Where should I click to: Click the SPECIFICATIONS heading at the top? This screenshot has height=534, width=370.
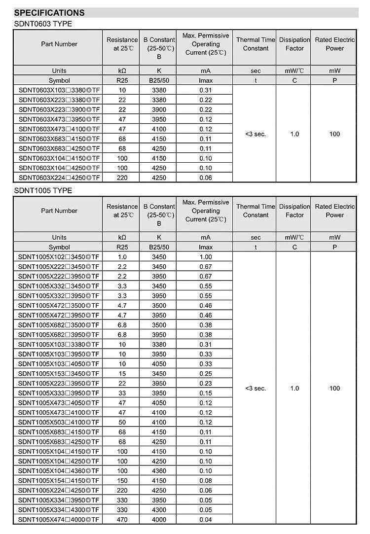click(x=49, y=13)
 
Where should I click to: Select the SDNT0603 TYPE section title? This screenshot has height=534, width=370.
click(x=42, y=24)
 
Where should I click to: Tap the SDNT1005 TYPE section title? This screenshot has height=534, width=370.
click(x=42, y=190)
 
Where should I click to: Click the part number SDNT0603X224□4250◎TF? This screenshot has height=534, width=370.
click(x=59, y=178)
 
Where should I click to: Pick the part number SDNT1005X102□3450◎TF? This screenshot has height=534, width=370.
click(x=59, y=257)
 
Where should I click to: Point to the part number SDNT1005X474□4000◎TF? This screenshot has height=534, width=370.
click(x=59, y=519)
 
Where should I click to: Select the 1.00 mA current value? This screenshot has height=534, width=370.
click(x=206, y=257)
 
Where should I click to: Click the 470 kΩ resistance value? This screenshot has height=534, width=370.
click(x=122, y=519)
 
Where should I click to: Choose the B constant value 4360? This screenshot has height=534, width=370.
click(x=159, y=470)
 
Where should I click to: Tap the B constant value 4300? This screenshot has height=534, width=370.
click(x=159, y=509)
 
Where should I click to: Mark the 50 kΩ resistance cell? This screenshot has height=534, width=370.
click(x=122, y=422)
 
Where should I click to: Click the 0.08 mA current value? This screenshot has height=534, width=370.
click(x=206, y=480)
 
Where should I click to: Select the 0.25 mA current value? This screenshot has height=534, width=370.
click(x=206, y=373)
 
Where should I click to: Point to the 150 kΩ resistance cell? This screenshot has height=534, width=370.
click(x=122, y=480)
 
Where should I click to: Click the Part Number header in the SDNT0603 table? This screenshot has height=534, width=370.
click(x=59, y=44)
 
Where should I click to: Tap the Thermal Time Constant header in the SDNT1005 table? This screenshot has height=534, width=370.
click(x=256, y=211)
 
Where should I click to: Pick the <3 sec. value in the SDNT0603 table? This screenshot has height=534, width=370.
click(x=256, y=134)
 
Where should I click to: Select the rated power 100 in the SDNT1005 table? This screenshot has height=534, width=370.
click(x=334, y=388)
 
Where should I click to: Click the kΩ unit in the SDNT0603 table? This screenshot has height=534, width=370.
click(x=122, y=71)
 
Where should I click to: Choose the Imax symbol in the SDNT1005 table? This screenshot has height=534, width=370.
click(x=206, y=247)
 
